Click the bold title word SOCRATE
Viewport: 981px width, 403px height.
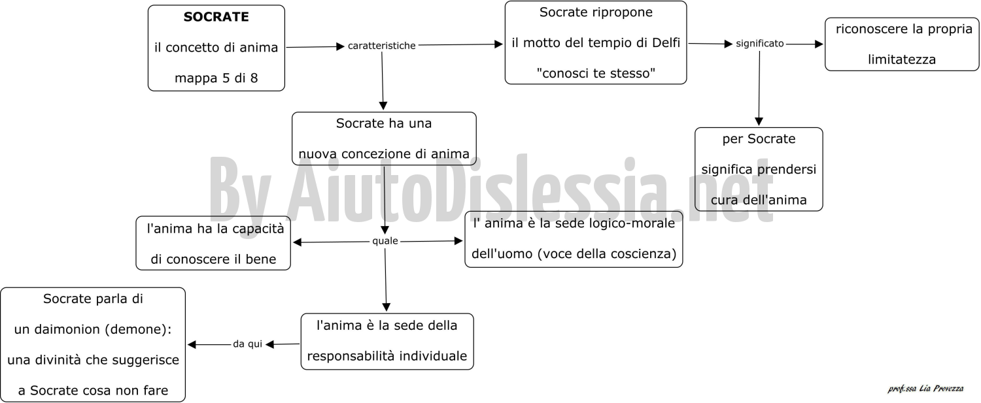[x=216, y=16]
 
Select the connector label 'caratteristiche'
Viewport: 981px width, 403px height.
[x=381, y=46]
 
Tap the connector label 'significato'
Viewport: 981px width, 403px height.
[x=760, y=43]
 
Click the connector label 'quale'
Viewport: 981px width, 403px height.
[x=385, y=240]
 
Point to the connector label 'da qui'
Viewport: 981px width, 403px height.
[x=247, y=344]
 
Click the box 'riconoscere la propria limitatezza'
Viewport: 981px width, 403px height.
[x=902, y=44]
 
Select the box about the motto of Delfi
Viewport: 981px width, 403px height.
[x=596, y=42]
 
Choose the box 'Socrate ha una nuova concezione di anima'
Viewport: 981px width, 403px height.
[x=384, y=138]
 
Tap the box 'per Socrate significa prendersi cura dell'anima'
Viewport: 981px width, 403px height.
[x=759, y=169]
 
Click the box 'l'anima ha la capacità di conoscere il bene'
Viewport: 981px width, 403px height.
[x=213, y=243]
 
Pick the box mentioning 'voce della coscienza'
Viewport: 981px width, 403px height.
[x=574, y=239]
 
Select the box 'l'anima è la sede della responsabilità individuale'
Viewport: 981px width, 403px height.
[x=387, y=342]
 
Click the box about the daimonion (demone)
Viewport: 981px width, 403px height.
[x=93, y=344]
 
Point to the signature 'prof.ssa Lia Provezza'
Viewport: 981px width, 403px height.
[x=925, y=389]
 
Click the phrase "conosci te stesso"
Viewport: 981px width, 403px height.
[x=596, y=73]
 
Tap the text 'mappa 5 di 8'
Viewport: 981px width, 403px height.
[x=216, y=78]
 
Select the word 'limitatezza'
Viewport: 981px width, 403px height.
[x=902, y=59]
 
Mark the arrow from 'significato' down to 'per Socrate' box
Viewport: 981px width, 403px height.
[x=759, y=88]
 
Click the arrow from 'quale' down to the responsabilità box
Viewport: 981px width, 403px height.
[x=385, y=280]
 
